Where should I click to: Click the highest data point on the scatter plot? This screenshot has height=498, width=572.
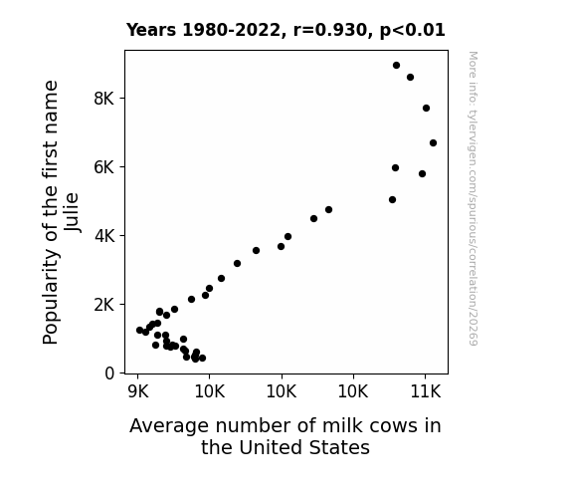pyautogui.click(x=396, y=66)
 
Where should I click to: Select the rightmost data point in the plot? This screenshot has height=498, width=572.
pyautogui.click(x=433, y=142)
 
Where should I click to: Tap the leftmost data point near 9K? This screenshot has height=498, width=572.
pyautogui.click(x=139, y=330)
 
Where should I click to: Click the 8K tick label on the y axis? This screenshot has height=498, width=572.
pyautogui.click(x=103, y=99)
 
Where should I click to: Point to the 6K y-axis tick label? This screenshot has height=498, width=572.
pyautogui.click(x=103, y=167)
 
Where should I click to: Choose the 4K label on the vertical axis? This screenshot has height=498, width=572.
pyautogui.click(x=104, y=236)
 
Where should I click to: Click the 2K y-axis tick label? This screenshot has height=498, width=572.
pyautogui.click(x=103, y=305)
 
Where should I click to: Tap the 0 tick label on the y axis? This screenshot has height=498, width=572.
pyautogui.click(x=109, y=373)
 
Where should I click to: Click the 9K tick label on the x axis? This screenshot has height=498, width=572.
pyautogui.click(x=138, y=391)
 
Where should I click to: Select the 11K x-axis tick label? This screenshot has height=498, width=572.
pyautogui.click(x=426, y=391)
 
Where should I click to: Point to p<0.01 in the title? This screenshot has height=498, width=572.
pyautogui.click(x=413, y=31)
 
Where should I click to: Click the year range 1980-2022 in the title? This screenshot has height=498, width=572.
pyautogui.click(x=231, y=30)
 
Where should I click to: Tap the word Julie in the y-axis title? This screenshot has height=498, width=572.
pyautogui.click(x=72, y=212)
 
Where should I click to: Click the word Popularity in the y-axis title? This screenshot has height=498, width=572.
pyautogui.click(x=51, y=297)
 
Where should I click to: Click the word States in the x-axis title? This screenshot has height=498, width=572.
pyautogui.click(x=340, y=447)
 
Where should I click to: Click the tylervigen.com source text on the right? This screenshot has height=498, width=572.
pyautogui.click(x=474, y=198)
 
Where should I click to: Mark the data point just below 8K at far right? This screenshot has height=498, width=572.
pyautogui.click(x=426, y=109)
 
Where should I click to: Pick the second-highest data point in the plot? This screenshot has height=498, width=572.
pyautogui.click(x=410, y=78)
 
